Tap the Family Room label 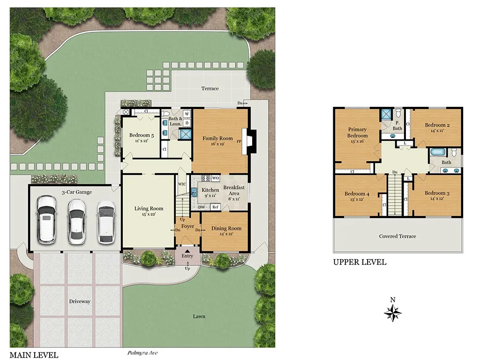tap(217, 138)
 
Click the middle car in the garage tap(76, 222)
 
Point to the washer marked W tap(187, 114)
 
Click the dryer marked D tap(187, 123)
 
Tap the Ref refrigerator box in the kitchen tap(216, 207)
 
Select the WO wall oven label tap(216, 178)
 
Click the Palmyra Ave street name tap(142, 353)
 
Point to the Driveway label tap(80, 301)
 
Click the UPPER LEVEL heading tap(360, 262)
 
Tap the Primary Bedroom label tap(357, 133)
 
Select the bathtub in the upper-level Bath tap(438, 152)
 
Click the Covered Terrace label tap(397, 236)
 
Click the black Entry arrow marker tap(187, 251)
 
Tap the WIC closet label tap(182, 184)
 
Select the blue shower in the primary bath tap(386, 114)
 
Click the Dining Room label tap(226, 228)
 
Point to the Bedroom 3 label tap(437, 193)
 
